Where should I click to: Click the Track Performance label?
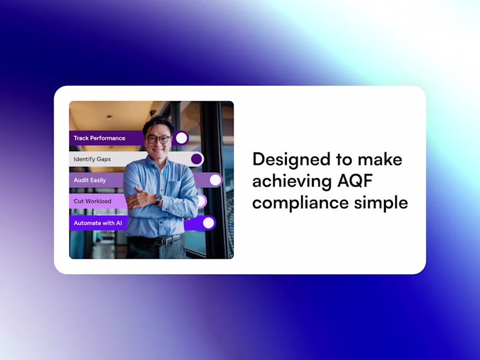point(99,138)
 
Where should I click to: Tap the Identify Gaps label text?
point(92,159)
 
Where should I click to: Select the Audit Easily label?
point(89,180)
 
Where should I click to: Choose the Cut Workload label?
point(92,201)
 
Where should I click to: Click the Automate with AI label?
point(98,223)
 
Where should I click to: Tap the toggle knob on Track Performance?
point(182,138)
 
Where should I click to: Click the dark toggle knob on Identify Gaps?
point(197,159)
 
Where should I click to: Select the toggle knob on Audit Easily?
point(215,180)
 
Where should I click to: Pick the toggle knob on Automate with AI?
point(208,223)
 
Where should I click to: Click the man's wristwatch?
point(158,199)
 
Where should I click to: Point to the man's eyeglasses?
point(158,139)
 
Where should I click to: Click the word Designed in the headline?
point(292,160)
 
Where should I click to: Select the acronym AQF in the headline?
point(355,181)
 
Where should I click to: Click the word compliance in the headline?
point(301,203)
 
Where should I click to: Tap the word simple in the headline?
point(381,202)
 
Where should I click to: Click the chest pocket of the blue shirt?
point(174,190)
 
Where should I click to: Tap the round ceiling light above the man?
point(109,117)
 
